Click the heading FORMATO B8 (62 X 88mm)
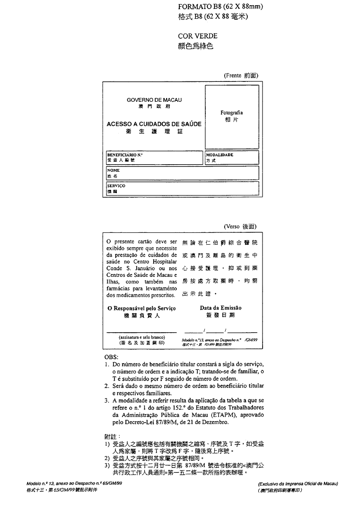[220, 7]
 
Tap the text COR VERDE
[198, 36]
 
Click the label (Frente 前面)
[241, 76]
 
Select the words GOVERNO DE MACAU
[154, 100]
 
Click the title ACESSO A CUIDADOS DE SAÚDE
[154, 124]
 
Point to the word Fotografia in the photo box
[232, 113]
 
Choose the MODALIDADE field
[232, 158]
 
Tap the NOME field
[183, 173]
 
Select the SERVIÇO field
[183, 189]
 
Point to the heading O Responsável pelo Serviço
[141, 308]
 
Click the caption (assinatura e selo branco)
[141, 337]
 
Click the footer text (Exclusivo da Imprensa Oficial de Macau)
[298, 484]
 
